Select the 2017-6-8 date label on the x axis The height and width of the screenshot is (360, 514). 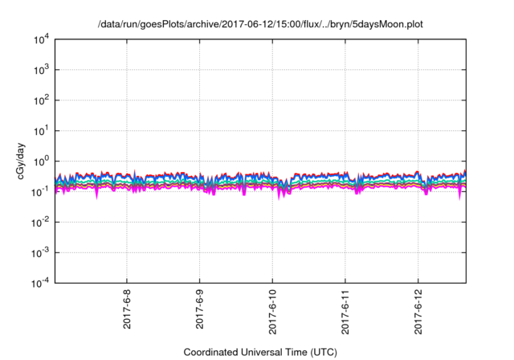pyautogui.click(x=128, y=309)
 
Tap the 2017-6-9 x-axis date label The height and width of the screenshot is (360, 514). pyautogui.click(x=200, y=309)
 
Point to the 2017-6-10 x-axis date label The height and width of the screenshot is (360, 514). pyautogui.click(x=272, y=311)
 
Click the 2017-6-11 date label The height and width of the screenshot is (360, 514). pyautogui.click(x=345, y=311)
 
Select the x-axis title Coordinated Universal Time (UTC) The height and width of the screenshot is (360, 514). pyautogui.click(x=260, y=352)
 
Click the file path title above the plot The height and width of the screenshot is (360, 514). pyautogui.click(x=260, y=25)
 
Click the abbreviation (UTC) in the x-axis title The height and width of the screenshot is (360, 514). pyautogui.click(x=321, y=352)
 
